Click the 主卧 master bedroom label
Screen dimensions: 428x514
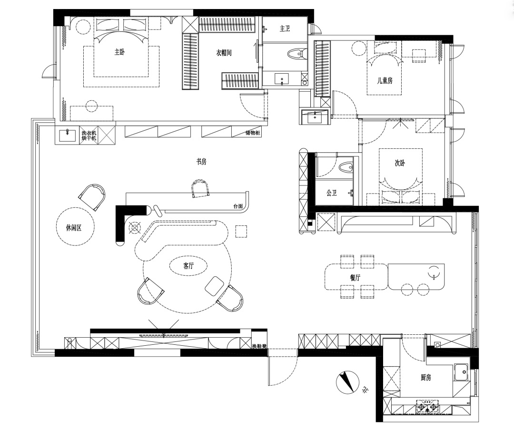coord(119,52)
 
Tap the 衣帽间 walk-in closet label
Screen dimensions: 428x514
coord(224,53)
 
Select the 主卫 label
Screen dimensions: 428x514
coord(285,29)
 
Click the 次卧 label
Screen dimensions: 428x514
coord(400,163)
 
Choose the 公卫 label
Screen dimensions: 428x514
coord(332,193)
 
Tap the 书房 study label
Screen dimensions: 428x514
coord(201,162)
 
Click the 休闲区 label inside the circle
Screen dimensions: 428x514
coord(74,228)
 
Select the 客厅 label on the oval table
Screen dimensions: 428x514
coord(188,266)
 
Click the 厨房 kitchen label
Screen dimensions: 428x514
coord(425,378)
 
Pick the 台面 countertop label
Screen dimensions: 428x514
coord(238,206)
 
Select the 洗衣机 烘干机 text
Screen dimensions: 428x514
coord(89,136)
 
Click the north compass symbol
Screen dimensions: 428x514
coord(347,382)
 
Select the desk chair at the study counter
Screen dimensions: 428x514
coord(201,188)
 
